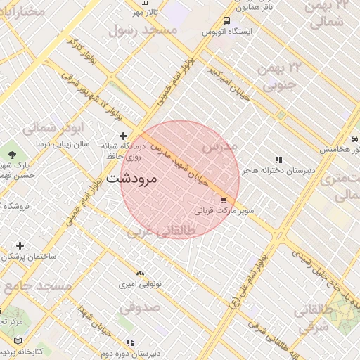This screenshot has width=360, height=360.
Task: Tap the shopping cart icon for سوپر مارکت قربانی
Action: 224,200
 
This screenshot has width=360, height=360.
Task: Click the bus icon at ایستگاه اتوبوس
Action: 226,21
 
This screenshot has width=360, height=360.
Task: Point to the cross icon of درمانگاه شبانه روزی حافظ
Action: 123,136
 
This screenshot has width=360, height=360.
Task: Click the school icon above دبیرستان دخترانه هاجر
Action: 278,160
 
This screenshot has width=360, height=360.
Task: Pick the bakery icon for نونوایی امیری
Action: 139,271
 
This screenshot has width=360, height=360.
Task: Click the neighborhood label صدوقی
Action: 139,307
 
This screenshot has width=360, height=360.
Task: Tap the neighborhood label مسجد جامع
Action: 37,287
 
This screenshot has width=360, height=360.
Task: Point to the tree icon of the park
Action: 12,153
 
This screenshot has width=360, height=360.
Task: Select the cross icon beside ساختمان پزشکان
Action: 20,245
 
